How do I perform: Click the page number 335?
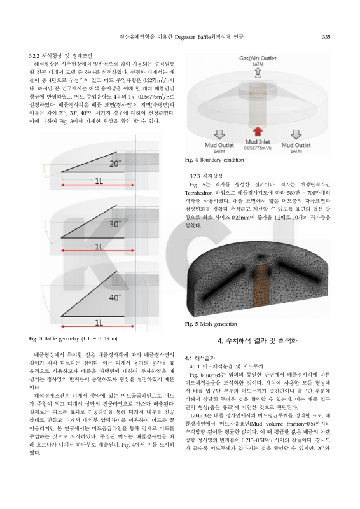(x=326, y=36)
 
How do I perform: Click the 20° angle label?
(x=114, y=164)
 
